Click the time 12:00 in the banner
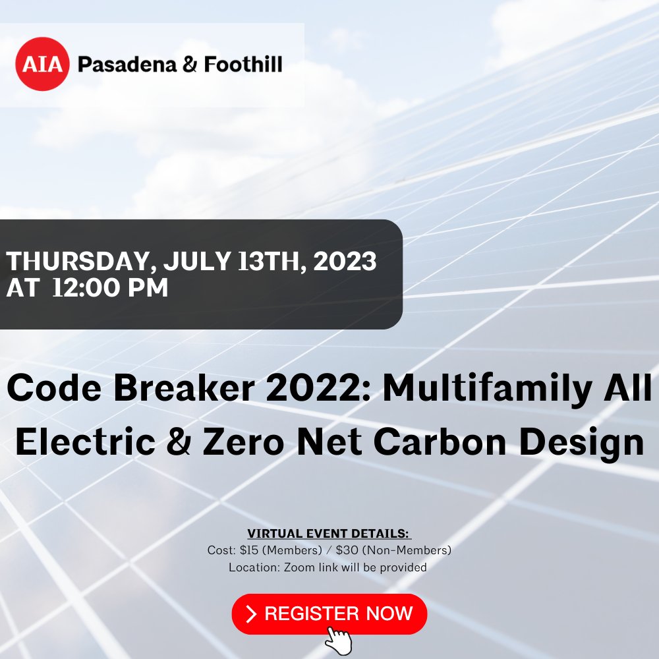tap(92, 288)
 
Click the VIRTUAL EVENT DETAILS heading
tap(329, 533)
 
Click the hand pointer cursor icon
tap(339, 640)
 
